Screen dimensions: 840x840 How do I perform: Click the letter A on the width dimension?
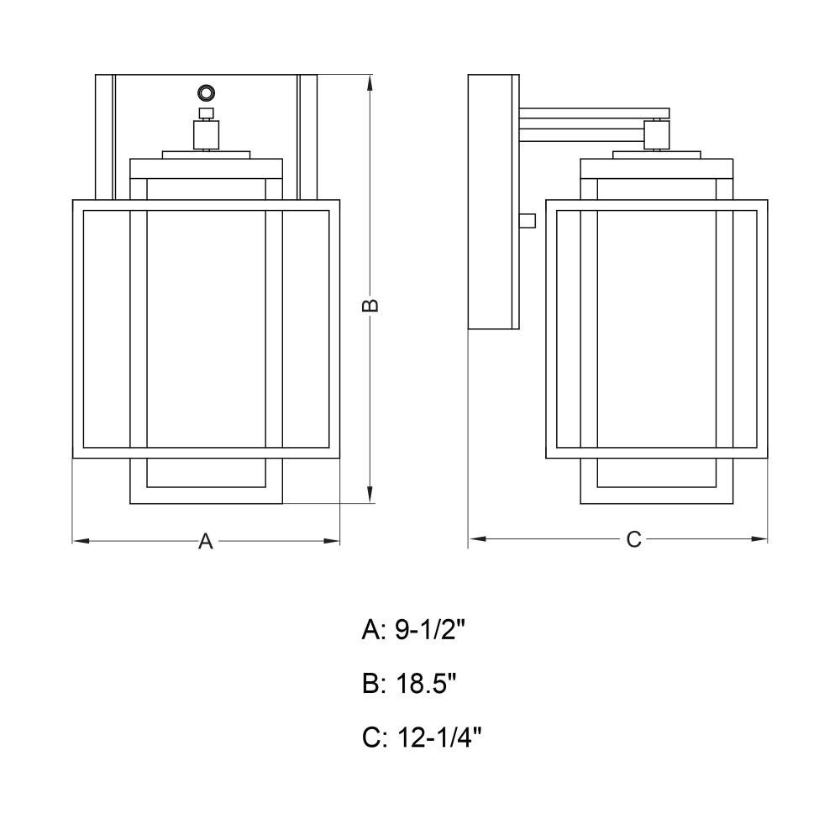tap(206, 541)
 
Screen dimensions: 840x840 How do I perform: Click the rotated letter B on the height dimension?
tap(370, 305)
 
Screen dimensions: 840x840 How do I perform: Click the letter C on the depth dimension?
tap(633, 539)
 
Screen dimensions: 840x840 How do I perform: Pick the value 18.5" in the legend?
tap(426, 684)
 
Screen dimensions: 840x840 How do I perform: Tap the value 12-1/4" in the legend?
tap(439, 738)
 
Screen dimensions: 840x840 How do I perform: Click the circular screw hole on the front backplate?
tap(206, 93)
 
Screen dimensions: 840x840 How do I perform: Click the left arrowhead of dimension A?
tap(81, 541)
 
